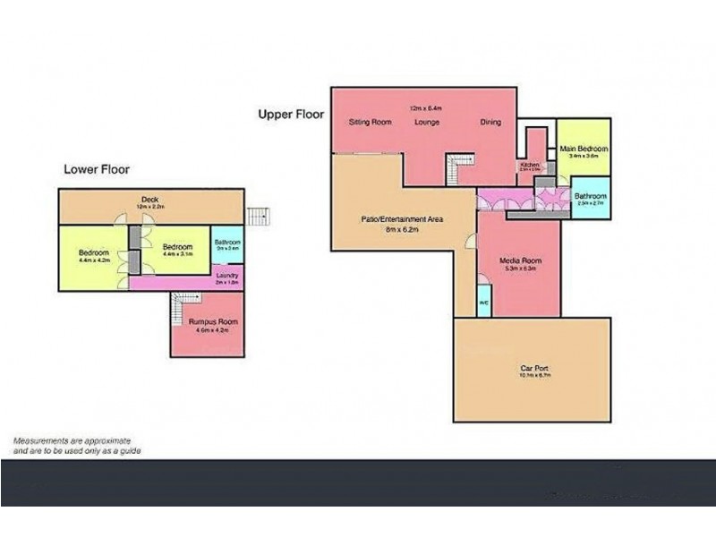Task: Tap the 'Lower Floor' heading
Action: tap(97, 168)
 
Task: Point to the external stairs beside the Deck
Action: tap(258, 217)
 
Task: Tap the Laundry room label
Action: tap(226, 276)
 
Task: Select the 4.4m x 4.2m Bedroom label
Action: tap(93, 252)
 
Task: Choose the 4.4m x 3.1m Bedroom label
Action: tap(177, 247)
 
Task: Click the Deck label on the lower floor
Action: tap(149, 200)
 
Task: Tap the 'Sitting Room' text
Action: tap(370, 123)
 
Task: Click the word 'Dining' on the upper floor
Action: tap(490, 123)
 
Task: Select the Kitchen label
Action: tap(528, 166)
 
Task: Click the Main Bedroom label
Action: tap(584, 149)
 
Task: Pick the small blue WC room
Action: tap(483, 302)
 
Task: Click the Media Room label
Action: tap(520, 261)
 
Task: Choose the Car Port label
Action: tap(533, 368)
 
